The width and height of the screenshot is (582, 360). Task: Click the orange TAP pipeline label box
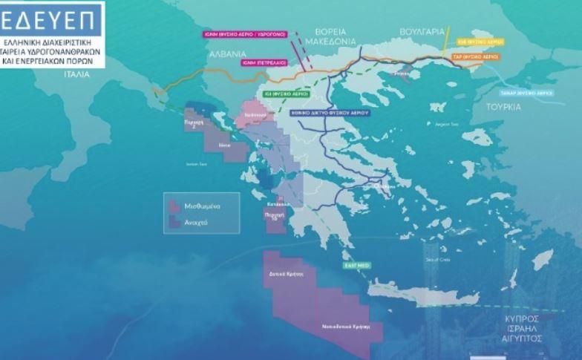[474, 56]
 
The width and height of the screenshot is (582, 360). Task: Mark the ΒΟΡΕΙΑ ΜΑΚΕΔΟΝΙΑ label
[339, 39]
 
